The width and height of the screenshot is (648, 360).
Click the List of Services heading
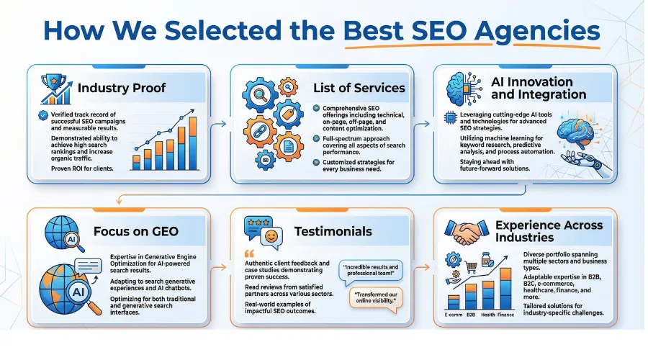click(x=359, y=88)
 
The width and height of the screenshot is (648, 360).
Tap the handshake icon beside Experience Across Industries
click(x=468, y=231)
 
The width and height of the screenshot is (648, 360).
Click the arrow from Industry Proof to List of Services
click(x=222, y=124)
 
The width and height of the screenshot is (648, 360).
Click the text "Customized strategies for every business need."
click(x=354, y=166)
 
